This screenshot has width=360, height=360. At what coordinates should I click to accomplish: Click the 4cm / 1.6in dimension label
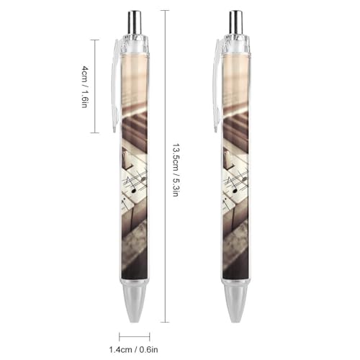85,86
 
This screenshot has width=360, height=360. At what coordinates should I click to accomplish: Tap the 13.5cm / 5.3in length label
176,170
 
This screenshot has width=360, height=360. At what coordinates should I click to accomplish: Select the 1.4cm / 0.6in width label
134,349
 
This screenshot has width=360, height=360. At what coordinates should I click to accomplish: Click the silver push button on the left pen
135,22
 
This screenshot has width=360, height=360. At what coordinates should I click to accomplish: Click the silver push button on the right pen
235,22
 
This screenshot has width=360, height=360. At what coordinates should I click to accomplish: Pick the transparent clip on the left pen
115,85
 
